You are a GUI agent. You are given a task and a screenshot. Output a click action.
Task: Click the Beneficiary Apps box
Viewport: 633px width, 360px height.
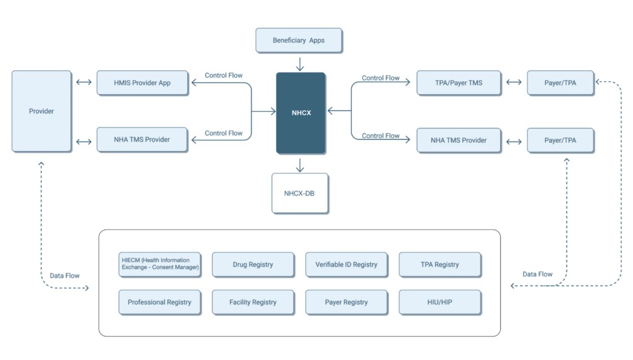pos(299,40)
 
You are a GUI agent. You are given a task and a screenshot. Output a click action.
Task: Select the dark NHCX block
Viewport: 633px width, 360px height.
pos(301,113)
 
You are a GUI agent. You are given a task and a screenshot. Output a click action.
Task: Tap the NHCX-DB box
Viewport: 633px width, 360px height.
pos(300,193)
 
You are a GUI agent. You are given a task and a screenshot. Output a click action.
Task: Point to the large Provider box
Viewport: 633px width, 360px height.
pos(41,111)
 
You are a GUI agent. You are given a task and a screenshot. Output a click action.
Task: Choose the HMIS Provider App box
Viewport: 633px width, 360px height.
pos(142,83)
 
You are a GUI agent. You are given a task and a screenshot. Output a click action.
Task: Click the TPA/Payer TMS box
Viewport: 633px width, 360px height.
pos(459,83)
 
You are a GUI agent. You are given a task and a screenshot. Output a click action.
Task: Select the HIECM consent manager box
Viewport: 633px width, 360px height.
pos(160,264)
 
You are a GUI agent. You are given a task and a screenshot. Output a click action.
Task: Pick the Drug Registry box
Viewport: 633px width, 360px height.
pos(253,265)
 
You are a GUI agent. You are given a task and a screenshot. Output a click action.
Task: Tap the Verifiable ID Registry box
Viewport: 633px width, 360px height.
pos(346,265)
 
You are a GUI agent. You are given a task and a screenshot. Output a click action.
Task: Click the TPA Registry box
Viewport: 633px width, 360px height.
pos(440,265)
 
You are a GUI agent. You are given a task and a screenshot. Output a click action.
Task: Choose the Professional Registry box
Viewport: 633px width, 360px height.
pos(160,302)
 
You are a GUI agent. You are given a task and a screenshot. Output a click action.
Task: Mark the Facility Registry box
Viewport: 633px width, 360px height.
pos(253,302)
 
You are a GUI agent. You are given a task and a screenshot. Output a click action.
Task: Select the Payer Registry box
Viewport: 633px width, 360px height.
pos(346,302)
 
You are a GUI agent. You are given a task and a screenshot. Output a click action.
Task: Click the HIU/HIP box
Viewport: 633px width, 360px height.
pos(440,302)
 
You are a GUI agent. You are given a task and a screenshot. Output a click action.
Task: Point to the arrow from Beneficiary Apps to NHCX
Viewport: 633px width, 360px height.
pos(300,64)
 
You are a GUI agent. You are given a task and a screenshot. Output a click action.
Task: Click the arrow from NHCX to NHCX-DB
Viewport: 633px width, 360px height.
pos(300,165)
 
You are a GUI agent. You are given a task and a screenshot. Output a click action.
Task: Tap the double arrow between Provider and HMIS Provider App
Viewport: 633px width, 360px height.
pos(84,82)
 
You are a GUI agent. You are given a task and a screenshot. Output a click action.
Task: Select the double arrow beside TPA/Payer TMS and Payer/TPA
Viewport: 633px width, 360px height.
pos(514,82)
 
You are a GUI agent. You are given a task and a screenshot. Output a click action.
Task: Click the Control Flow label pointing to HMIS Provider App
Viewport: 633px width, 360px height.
pos(224,75)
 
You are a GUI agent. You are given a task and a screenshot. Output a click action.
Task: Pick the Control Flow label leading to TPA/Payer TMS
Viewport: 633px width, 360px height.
pos(381,78)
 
